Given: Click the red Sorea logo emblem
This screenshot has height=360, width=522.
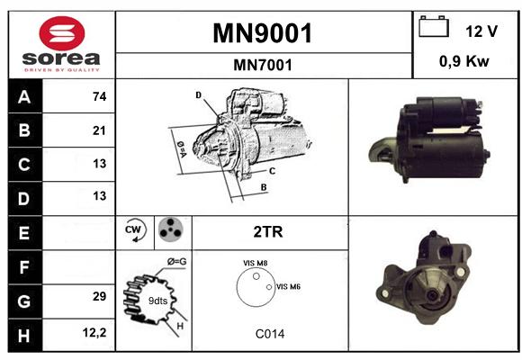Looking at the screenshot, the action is [x=62, y=33].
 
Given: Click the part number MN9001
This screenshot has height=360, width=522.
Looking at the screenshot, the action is [x=263, y=33].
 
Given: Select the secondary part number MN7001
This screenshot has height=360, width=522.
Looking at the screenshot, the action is [x=263, y=65].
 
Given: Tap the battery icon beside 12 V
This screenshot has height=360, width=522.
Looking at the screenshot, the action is [x=434, y=26].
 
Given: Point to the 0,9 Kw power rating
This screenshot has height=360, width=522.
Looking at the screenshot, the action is [x=464, y=61].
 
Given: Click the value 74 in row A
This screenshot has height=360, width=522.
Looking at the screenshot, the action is [x=100, y=96].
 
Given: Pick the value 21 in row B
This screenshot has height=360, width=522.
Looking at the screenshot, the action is [x=99, y=130].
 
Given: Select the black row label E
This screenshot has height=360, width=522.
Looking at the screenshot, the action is [x=24, y=233].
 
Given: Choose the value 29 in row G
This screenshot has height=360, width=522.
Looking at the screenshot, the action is [x=100, y=296].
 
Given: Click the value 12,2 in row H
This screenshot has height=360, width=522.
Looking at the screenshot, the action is [x=94, y=332].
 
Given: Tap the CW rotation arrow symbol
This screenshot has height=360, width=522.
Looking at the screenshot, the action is [x=135, y=229].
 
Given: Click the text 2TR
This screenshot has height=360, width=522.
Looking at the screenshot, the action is [x=268, y=232].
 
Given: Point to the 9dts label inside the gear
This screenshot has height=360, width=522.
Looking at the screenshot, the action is [x=157, y=301].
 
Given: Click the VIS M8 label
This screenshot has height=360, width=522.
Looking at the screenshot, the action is [x=256, y=263].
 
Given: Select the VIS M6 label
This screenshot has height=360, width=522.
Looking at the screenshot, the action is [x=288, y=286].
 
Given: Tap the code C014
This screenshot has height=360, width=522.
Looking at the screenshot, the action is [x=270, y=334].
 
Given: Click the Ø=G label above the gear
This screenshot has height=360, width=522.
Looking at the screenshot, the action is [x=176, y=261].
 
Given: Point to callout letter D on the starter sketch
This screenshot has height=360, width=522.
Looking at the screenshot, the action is [x=198, y=95].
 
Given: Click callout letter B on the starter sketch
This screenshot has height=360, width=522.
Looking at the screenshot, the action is [x=264, y=187].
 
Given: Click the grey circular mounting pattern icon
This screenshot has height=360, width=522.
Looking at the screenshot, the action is [x=170, y=229].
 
